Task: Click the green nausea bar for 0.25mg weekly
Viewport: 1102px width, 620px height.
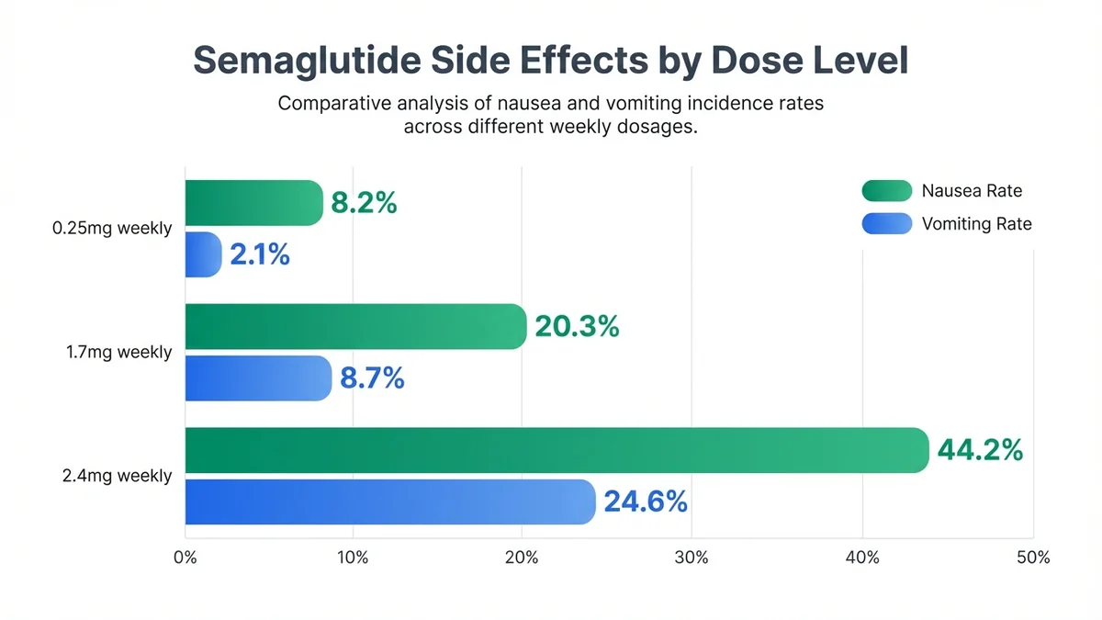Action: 254,203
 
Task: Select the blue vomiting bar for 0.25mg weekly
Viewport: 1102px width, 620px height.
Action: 203,254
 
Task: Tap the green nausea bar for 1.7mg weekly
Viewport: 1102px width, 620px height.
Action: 355,327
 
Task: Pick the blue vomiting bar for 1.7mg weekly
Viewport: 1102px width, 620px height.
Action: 258,378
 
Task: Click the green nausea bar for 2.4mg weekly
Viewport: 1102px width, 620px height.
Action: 557,450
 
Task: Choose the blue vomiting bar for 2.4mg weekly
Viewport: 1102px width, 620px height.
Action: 390,502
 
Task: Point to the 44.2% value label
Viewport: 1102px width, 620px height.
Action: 980,450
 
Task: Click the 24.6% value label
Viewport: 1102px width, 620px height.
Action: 646,502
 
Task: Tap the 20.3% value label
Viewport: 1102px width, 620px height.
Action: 577,326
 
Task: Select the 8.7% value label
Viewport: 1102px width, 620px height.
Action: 372,378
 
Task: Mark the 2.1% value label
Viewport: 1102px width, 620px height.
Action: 260,254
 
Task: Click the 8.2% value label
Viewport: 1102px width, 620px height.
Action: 364,203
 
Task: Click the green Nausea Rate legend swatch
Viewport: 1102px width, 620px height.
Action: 886,191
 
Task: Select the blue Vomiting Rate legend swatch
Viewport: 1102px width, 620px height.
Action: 886,224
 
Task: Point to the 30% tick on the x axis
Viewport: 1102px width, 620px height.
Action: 691,558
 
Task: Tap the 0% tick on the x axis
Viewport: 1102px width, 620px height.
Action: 185,558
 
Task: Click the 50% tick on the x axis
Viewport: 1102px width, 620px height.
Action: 1033,558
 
